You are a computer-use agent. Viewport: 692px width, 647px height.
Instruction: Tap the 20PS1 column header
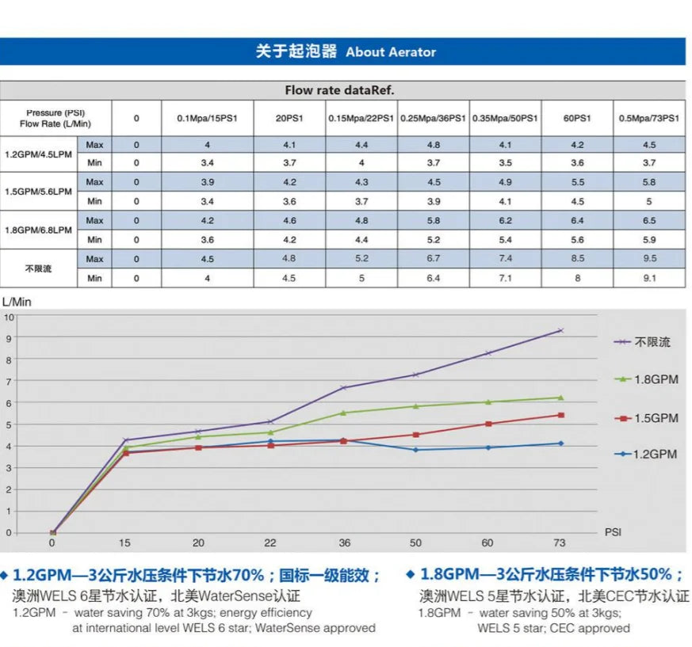point(289,118)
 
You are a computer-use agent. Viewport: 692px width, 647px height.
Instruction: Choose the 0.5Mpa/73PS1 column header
point(648,118)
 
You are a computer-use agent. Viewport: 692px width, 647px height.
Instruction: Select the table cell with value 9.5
point(648,258)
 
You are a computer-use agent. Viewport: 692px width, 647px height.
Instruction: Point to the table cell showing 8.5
point(577,258)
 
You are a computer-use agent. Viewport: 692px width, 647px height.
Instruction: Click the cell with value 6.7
point(434,258)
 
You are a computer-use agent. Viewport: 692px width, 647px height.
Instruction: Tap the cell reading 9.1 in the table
point(648,278)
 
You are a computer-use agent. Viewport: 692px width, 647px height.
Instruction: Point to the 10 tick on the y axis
point(10,317)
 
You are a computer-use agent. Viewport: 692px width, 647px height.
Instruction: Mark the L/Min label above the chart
point(17,302)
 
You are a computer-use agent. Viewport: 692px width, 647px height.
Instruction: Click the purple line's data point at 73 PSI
point(560,330)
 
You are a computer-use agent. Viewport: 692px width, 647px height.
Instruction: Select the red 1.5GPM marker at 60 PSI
point(488,424)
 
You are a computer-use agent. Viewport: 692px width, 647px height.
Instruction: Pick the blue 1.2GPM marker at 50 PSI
point(415,450)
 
